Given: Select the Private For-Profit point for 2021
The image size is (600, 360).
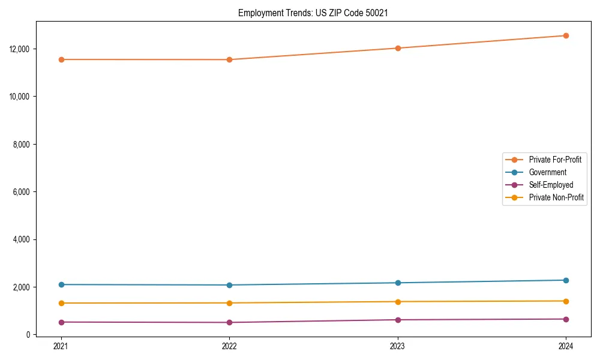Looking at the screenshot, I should [x=61, y=59].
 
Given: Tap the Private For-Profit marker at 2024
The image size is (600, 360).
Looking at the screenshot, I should [x=566, y=35].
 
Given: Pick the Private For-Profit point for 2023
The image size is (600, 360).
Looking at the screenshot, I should [x=398, y=48].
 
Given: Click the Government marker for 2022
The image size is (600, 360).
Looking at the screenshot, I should [x=229, y=285].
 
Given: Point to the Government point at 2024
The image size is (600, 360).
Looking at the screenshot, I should [x=566, y=280].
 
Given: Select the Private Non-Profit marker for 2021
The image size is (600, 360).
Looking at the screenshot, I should [x=61, y=303].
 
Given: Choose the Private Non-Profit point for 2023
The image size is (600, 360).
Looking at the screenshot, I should [x=398, y=302].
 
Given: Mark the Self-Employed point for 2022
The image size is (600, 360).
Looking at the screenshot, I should [x=229, y=322].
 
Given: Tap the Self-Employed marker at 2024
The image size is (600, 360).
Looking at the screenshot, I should [x=566, y=319].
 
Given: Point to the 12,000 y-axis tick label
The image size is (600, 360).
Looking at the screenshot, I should [x=19, y=49].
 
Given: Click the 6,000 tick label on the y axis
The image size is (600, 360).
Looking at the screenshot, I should [x=21, y=192].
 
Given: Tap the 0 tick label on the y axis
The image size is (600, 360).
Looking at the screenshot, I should [x=28, y=335].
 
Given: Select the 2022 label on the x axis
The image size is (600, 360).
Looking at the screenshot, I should [x=229, y=346].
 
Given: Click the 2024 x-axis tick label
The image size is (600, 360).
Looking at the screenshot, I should [x=566, y=346].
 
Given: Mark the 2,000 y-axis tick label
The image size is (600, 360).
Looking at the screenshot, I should [x=21, y=287].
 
